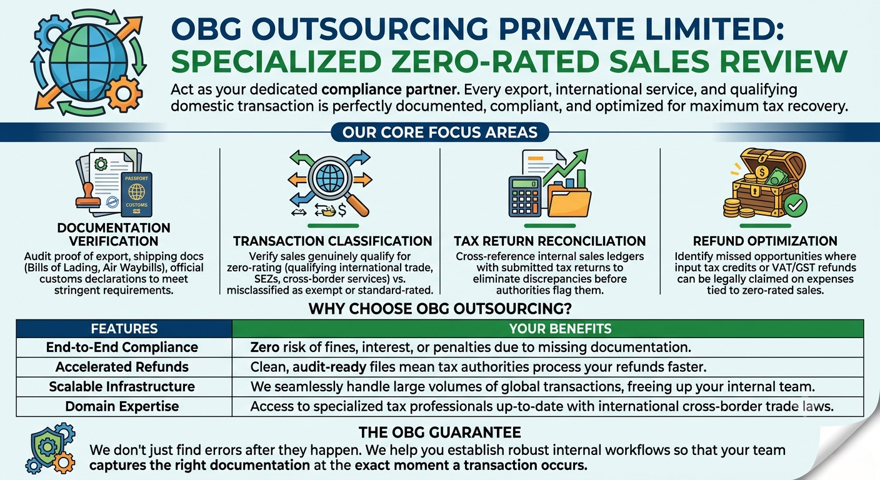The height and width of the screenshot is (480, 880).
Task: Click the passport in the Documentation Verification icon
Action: [136, 194]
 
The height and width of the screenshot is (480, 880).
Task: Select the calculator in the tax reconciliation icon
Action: [524, 196]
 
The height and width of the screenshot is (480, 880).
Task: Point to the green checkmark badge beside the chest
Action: [795, 205]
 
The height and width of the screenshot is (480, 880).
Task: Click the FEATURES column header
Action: [124, 328]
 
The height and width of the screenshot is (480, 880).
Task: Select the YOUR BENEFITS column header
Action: [548, 328]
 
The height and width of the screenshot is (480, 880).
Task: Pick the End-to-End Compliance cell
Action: [122, 347]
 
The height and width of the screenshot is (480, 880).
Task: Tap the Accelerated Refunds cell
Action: [122, 367]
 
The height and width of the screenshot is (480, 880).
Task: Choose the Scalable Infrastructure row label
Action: [122, 386]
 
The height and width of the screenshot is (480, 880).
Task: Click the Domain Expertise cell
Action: [122, 406]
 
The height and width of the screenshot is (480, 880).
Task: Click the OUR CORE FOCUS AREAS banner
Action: [440, 132]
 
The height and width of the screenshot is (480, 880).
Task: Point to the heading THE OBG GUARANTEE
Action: [440, 432]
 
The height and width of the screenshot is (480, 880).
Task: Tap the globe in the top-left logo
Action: [88, 61]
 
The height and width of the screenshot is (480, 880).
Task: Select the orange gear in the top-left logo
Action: [124, 94]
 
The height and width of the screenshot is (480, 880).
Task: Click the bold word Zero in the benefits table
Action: [265, 347]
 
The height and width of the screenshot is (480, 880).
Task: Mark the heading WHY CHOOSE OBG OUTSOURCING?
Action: [440, 309]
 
